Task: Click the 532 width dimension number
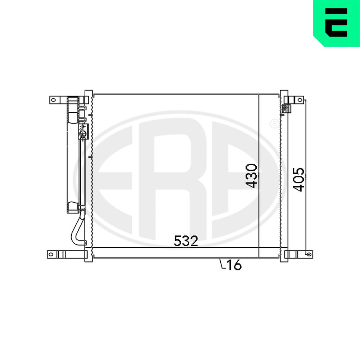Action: (x=186, y=241)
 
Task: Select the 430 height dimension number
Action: (x=251, y=176)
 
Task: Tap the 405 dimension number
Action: (x=298, y=180)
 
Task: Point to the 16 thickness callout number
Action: (x=234, y=265)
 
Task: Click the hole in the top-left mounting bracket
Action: (x=53, y=100)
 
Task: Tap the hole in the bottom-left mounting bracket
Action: (x=51, y=255)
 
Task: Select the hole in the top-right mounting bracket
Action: (x=300, y=100)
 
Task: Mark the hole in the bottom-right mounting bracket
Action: (x=309, y=254)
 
